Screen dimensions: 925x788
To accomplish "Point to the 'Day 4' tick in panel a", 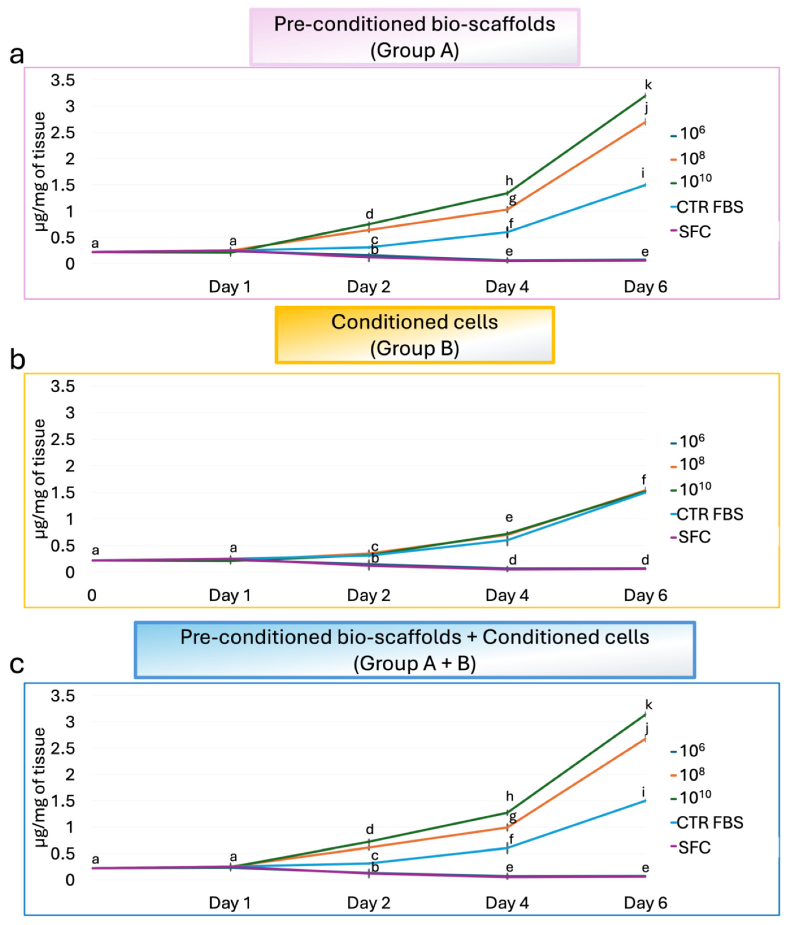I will (507, 287).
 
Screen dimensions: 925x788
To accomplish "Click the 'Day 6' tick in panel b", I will (645, 595).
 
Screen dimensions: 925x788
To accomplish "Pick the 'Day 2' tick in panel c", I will (369, 903).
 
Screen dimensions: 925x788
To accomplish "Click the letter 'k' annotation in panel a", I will (648, 85).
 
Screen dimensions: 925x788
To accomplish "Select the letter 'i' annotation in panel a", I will (643, 173).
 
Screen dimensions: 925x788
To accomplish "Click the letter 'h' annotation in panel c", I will (510, 796).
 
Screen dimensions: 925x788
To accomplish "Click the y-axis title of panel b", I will (40, 478).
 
